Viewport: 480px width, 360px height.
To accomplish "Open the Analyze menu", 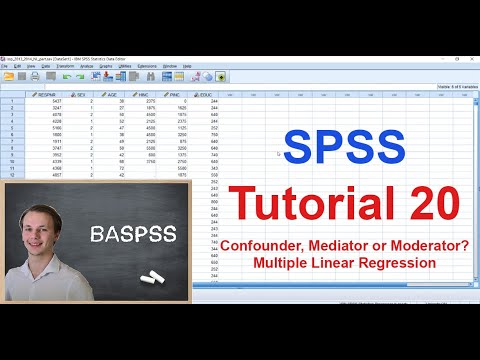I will (87, 66).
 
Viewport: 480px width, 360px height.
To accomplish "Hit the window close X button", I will (472, 59).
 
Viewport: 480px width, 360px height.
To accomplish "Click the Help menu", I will (187, 66).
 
